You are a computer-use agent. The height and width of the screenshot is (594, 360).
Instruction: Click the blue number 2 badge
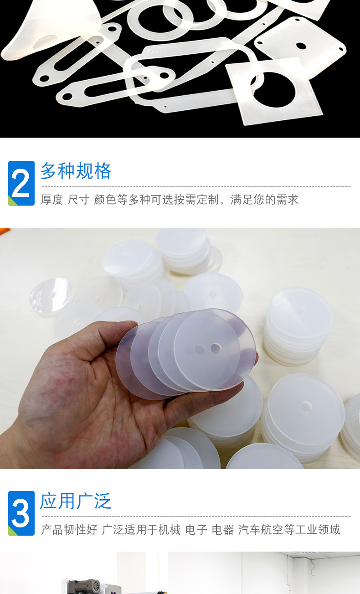pyautogui.click(x=21, y=183)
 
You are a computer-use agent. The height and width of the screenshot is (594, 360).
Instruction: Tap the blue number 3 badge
pyautogui.click(x=21, y=513)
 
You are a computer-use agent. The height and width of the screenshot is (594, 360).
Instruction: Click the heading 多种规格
pyautogui.click(x=76, y=171)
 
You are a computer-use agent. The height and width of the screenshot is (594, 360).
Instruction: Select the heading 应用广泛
pyautogui.click(x=76, y=501)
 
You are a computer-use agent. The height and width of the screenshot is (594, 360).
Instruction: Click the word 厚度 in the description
pyautogui.click(x=51, y=200)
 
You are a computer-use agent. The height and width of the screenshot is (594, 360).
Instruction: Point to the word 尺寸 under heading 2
pyautogui.click(x=78, y=200)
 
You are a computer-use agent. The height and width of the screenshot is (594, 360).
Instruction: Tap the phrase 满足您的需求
pyautogui.click(x=264, y=200)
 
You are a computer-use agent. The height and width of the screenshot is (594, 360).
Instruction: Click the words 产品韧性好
pyautogui.click(x=69, y=530)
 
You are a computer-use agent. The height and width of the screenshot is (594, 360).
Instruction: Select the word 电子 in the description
pyautogui.click(x=196, y=530)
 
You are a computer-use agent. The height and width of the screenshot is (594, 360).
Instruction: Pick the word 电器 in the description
pyautogui.click(x=223, y=530)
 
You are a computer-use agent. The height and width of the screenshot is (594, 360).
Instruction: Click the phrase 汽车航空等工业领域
pyautogui.click(x=289, y=530)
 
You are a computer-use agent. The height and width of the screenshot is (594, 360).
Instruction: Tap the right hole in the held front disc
pyautogui.click(x=215, y=348)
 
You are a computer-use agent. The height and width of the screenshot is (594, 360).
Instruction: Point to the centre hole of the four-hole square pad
pyautogui.click(x=301, y=46)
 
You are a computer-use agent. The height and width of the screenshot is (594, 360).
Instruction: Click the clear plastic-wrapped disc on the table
pyautogui.click(x=52, y=297)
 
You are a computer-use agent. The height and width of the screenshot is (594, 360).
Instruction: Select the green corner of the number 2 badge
pyautogui.click(x=12, y=201)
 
